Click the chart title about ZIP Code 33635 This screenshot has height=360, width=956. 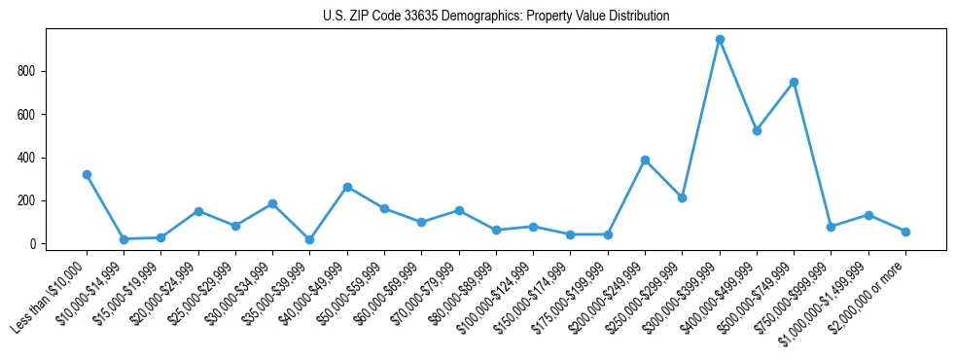click(x=496, y=17)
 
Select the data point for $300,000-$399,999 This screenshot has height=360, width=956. click(x=720, y=40)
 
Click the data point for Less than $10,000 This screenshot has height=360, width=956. click(x=87, y=175)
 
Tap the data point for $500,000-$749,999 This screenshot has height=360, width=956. click(x=795, y=82)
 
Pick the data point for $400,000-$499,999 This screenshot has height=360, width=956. click(x=757, y=130)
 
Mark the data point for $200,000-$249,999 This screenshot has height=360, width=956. click(x=645, y=160)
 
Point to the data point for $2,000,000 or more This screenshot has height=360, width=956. click(x=905, y=232)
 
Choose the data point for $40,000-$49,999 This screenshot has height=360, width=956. click(x=347, y=187)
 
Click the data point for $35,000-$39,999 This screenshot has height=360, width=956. click(x=309, y=239)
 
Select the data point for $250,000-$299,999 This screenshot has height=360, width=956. click(x=683, y=198)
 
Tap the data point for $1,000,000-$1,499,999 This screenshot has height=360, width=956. click(x=868, y=215)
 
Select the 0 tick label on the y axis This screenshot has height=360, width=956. click(x=33, y=244)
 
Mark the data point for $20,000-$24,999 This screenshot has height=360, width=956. click(x=198, y=211)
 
